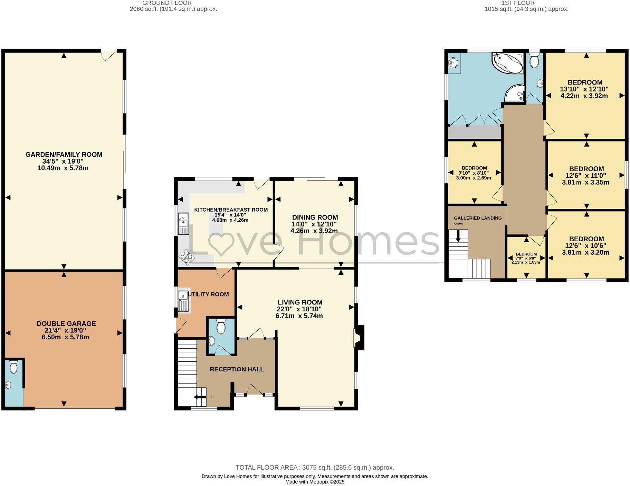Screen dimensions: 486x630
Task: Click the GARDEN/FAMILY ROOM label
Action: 64,155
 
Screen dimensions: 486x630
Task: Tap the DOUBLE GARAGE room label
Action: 66,323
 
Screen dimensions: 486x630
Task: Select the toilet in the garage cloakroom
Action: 13,367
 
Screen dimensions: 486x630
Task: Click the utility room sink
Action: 183,300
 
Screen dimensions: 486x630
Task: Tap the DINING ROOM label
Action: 315,217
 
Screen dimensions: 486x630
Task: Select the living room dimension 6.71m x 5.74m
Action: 299,316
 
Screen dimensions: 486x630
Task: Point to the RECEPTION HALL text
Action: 237,369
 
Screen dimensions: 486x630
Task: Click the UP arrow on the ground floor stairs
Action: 199,397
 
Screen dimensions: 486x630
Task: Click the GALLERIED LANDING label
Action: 477,218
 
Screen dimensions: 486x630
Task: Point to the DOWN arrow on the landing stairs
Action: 458,236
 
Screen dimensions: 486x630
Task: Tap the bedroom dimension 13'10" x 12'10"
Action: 584,89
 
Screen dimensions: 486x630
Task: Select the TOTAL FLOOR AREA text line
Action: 315,468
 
